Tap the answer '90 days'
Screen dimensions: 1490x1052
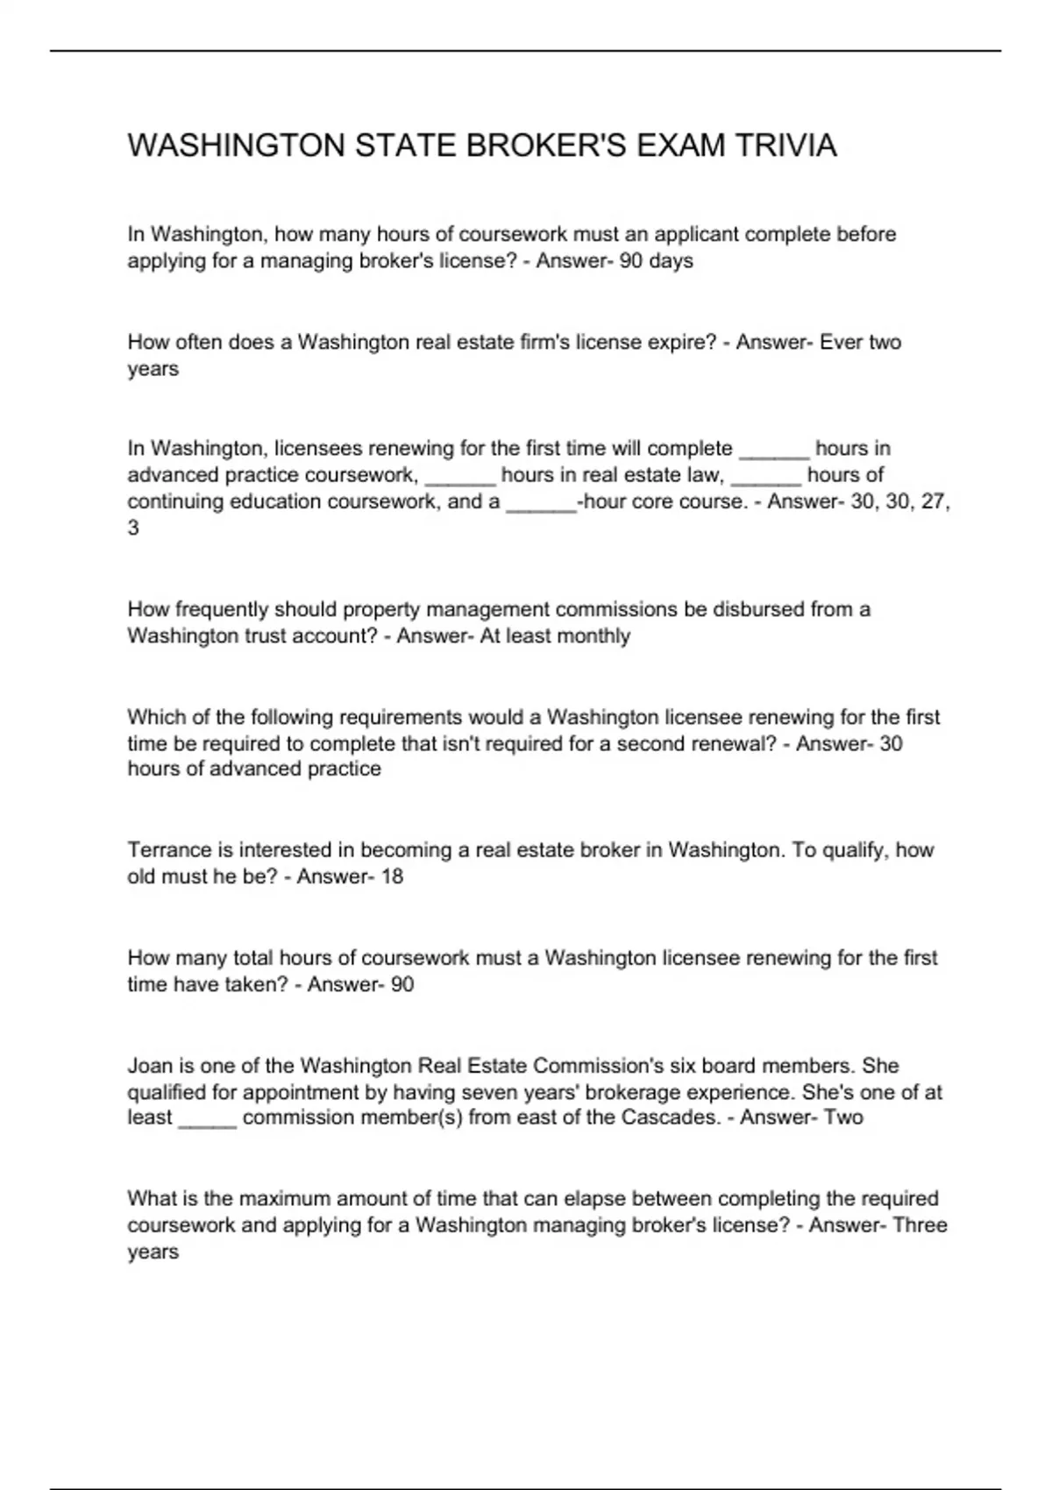[656, 261]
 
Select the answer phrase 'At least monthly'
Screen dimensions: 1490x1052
[555, 635]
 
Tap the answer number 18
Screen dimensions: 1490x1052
[392, 876]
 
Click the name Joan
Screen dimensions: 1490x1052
[149, 1066]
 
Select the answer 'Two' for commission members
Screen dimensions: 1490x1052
[843, 1117]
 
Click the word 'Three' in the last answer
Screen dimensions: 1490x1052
[920, 1224]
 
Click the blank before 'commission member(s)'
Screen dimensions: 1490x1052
[208, 1120]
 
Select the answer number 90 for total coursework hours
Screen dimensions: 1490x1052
[402, 984]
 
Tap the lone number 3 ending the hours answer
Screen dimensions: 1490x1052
[133, 529]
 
